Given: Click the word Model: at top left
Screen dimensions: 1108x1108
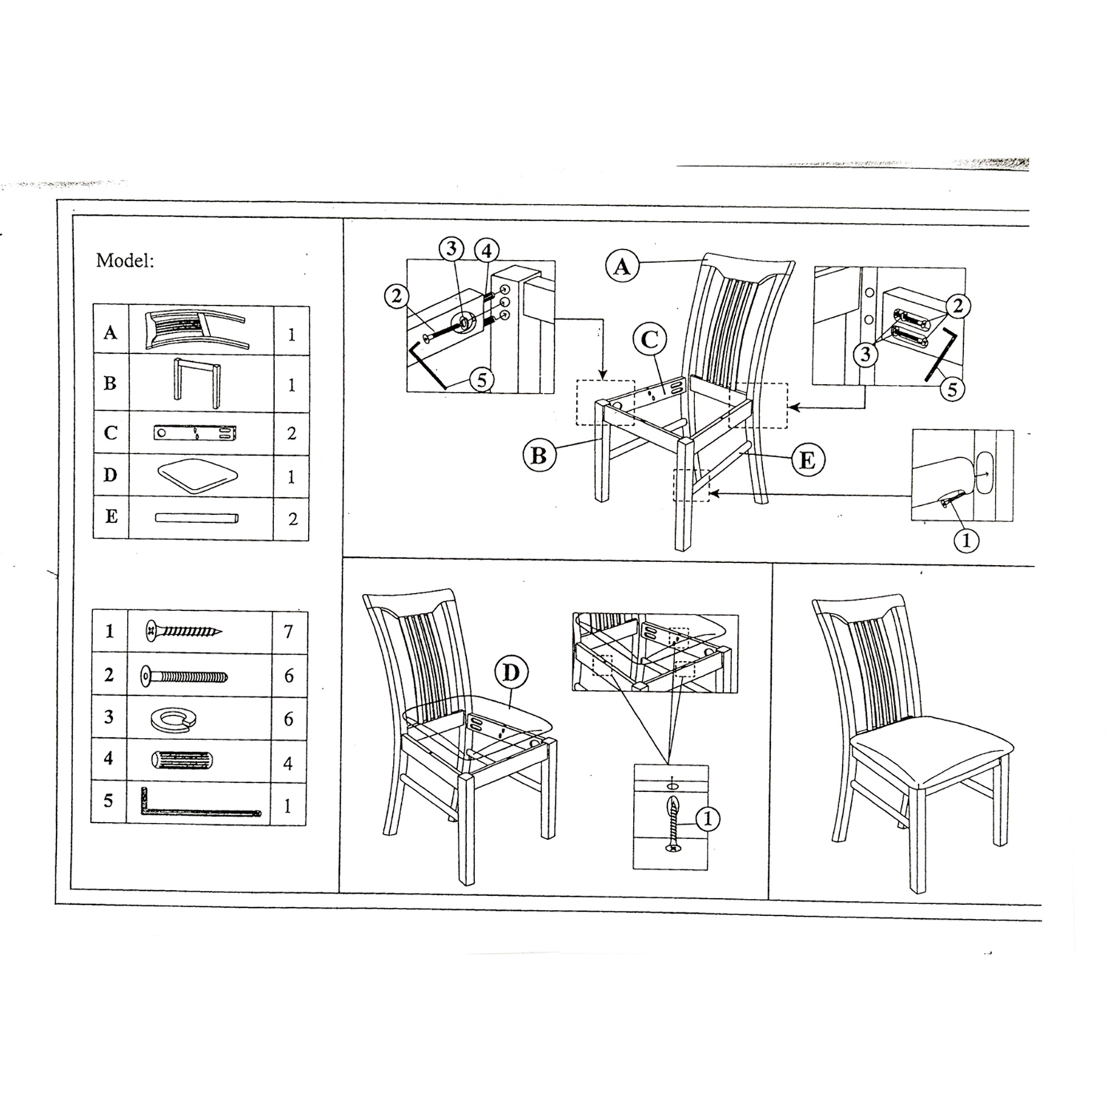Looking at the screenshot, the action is pos(125,261).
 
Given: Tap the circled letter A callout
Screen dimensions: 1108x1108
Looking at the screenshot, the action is pos(622,265).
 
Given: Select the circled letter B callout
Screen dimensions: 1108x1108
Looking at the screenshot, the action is pos(538,456).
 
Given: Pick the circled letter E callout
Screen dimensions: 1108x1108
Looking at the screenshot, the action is pos(807,460).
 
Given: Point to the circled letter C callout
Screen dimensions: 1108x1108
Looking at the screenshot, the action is pos(649,340).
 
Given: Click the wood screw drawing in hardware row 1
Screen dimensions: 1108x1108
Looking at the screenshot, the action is pos(184,631).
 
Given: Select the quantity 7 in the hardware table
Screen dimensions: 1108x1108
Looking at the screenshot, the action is pos(288,632).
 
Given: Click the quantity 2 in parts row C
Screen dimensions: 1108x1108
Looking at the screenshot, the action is pos(291,433).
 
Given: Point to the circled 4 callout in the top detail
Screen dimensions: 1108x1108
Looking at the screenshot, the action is pos(485,251).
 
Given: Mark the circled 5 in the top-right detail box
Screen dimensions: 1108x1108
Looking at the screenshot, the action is pos(952,389).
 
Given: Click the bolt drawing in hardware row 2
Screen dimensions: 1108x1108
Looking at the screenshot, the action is pos(184,675).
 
